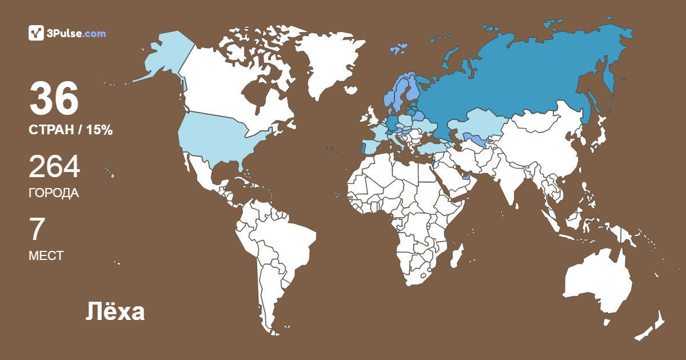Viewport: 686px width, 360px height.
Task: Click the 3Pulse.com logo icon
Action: [37, 33]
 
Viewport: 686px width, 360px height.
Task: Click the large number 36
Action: [54, 99]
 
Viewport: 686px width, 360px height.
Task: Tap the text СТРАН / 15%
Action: [70, 130]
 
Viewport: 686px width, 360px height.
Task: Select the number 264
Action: [54, 167]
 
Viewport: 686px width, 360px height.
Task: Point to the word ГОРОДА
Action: [54, 193]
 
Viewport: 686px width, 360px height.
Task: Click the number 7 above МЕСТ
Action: [37, 230]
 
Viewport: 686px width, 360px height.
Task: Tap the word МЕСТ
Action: [46, 256]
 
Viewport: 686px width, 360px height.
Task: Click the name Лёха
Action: [115, 313]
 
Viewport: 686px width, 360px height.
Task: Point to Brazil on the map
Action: [286, 240]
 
